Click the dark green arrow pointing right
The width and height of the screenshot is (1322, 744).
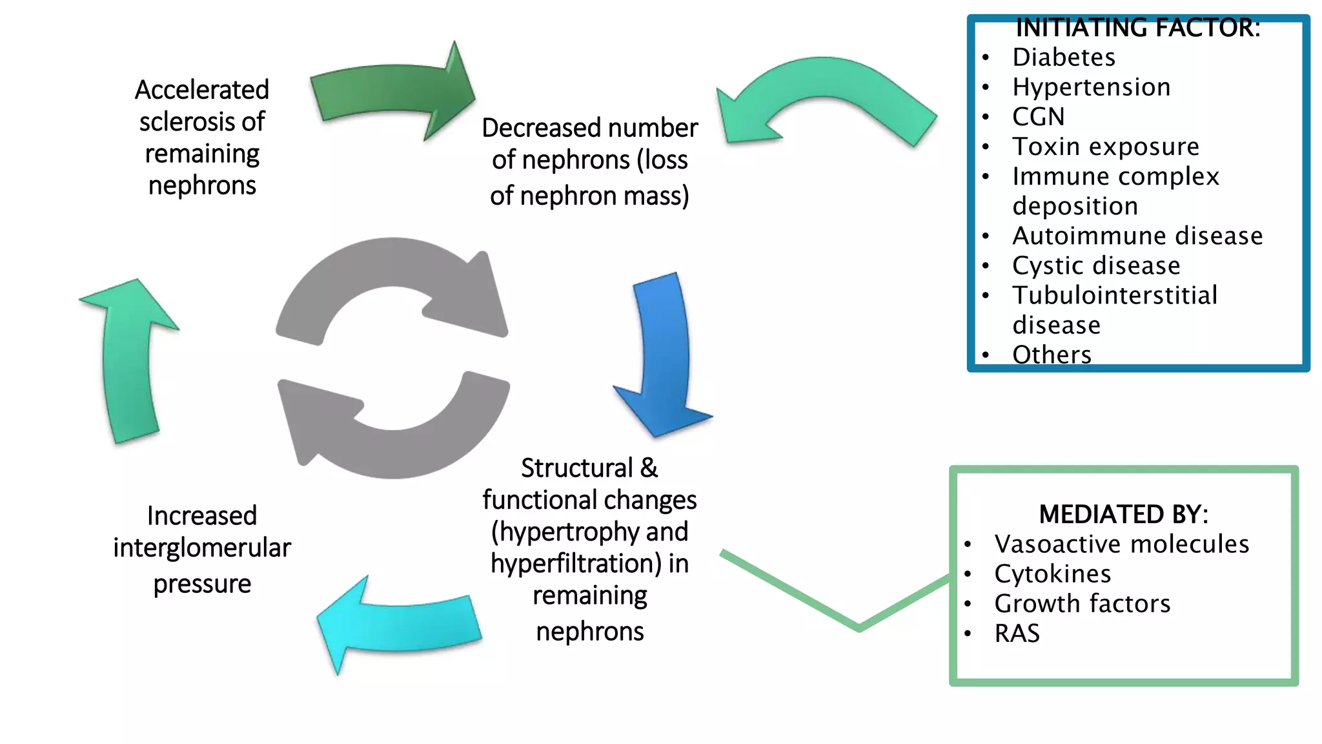[x=387, y=90]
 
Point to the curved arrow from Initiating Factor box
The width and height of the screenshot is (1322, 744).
[x=826, y=84]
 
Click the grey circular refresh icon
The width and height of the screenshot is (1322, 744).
[x=392, y=358]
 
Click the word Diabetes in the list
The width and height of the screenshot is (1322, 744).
[x=1063, y=57]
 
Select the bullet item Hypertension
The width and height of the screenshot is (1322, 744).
[x=1091, y=87]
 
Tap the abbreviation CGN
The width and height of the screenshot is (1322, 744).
[x=1038, y=117]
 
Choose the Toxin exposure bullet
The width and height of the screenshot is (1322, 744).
[x=1105, y=147]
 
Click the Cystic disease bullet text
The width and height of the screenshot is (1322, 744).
[x=1095, y=265]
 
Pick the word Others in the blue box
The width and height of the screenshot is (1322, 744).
[x=1052, y=355]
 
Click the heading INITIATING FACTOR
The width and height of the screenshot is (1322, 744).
[x=1137, y=28]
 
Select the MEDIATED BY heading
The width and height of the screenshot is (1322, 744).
[x=1123, y=514]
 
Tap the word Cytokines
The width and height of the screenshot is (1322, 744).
[x=1052, y=573]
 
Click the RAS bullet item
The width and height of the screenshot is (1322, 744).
[x=1017, y=633]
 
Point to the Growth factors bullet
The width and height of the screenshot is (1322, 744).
[x=1082, y=603]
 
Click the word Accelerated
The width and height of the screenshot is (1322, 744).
[x=202, y=90]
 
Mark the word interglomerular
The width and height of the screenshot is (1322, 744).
[x=202, y=548]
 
